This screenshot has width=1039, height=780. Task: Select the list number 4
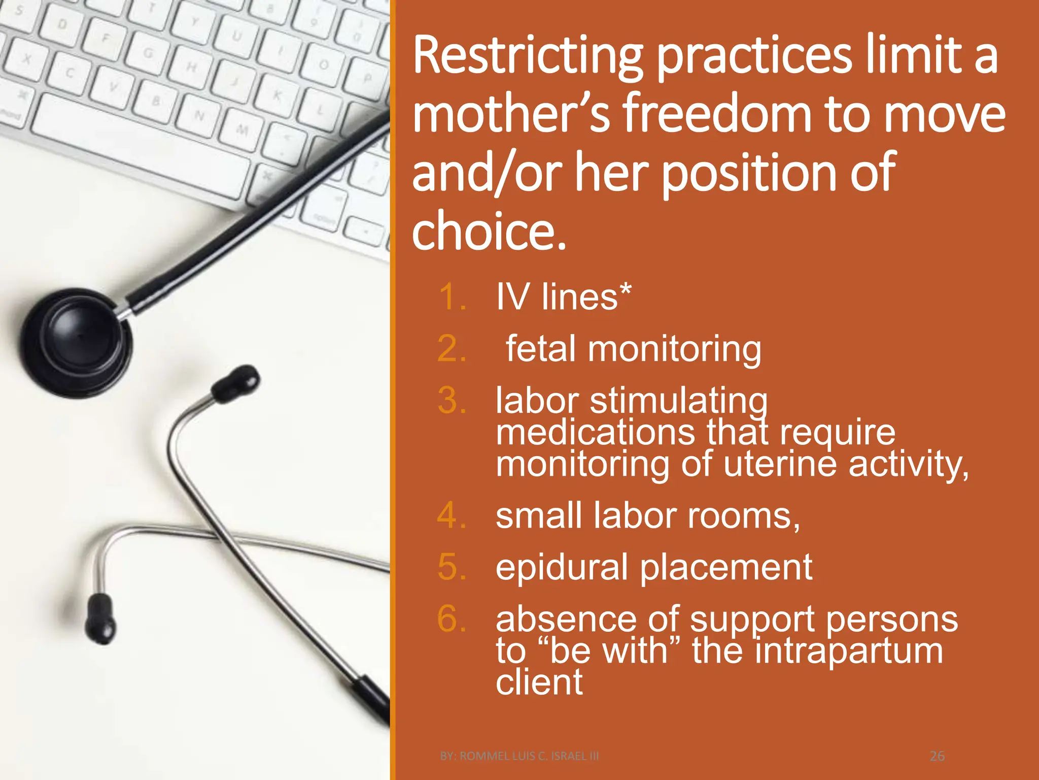(x=451, y=516)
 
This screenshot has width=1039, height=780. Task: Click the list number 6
(x=452, y=620)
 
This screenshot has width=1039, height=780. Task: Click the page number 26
(x=937, y=756)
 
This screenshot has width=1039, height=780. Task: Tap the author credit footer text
(x=519, y=756)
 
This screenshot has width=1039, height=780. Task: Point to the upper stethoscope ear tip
(x=236, y=384)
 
